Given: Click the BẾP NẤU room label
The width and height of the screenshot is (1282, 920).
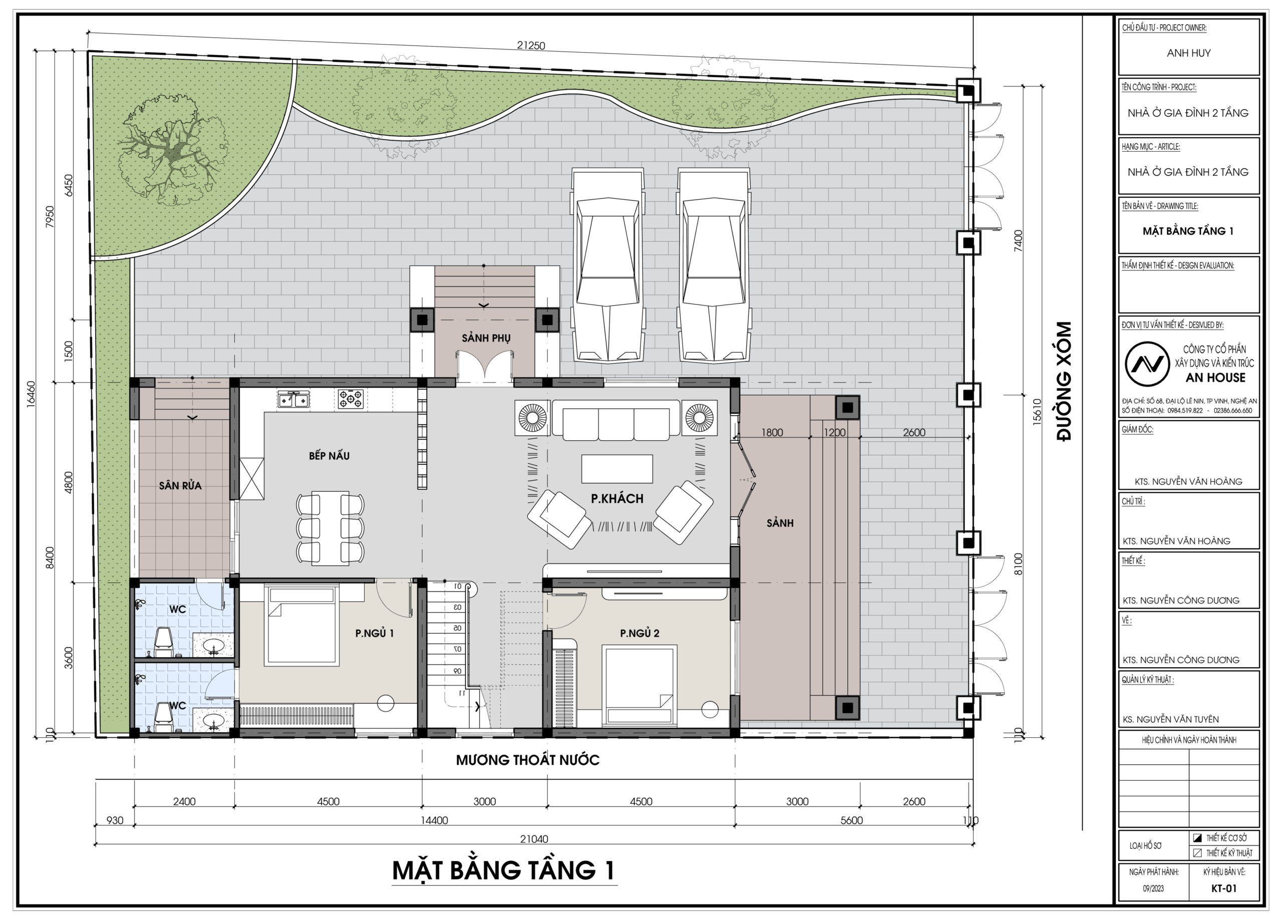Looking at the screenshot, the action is point(329,456).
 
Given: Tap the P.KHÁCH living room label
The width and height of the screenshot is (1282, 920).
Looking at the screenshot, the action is point(617,498).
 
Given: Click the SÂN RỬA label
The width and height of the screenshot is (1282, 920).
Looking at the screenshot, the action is point(180,485).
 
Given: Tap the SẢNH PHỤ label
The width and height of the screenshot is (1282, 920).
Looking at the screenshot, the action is point(486,338).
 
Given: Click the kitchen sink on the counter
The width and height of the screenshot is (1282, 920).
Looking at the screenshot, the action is point(293,400).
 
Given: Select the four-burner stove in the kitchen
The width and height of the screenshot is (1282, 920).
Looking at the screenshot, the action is point(351,400).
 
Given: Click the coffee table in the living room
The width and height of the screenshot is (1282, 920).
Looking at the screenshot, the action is point(617,469).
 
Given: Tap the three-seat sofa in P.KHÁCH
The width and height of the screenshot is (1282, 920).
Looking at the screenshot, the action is point(616,420).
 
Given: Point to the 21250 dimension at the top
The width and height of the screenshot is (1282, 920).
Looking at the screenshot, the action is point(531,46).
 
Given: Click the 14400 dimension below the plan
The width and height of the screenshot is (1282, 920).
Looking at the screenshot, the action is point(434,820).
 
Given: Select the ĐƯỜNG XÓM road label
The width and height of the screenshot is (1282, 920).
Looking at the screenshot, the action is point(1064,381).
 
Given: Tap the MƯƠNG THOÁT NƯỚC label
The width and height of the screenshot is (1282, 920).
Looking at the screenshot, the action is point(527,760).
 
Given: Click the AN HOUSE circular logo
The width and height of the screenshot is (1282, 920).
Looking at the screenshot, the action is point(1146,364).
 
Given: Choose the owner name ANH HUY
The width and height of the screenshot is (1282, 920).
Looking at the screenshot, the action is point(1189,53).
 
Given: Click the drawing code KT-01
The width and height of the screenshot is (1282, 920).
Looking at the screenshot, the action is point(1224,888).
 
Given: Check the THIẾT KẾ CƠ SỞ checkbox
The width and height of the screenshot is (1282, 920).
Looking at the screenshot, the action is point(1197,838).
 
